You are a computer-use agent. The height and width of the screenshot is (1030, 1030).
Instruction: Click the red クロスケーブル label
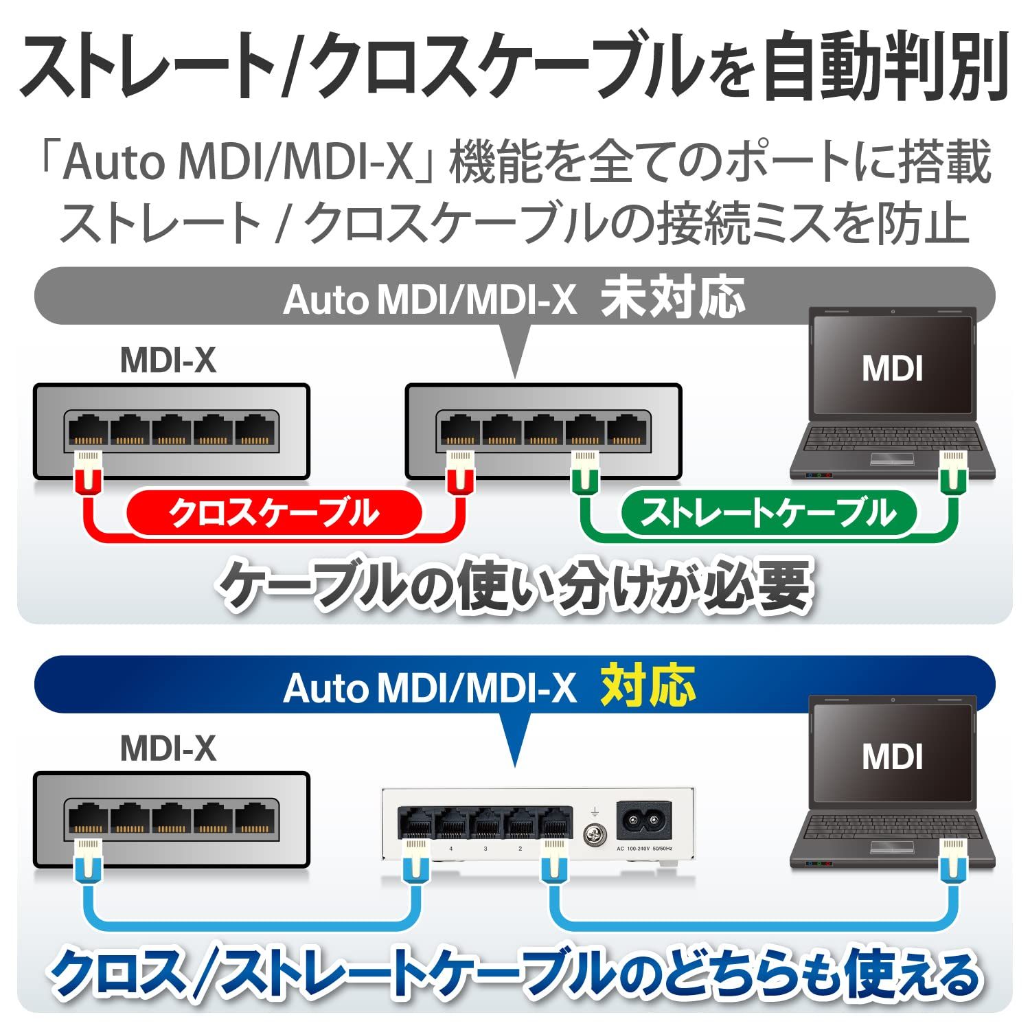click(274, 513)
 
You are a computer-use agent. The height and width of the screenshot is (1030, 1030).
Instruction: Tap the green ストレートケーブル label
click(768, 513)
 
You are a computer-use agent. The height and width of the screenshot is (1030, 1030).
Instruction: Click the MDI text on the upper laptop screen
click(892, 369)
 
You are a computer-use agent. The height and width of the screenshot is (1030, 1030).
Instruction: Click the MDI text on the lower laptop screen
click(892, 757)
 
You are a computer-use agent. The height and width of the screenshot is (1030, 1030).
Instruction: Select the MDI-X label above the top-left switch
click(168, 360)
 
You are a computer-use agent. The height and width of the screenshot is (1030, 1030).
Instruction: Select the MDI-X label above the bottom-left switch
click(168, 748)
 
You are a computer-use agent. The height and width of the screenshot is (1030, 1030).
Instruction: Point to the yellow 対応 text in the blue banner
click(648, 686)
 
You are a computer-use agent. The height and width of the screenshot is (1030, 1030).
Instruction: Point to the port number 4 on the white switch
click(450, 849)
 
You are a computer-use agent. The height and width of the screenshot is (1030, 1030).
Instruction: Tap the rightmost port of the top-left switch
click(255, 431)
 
